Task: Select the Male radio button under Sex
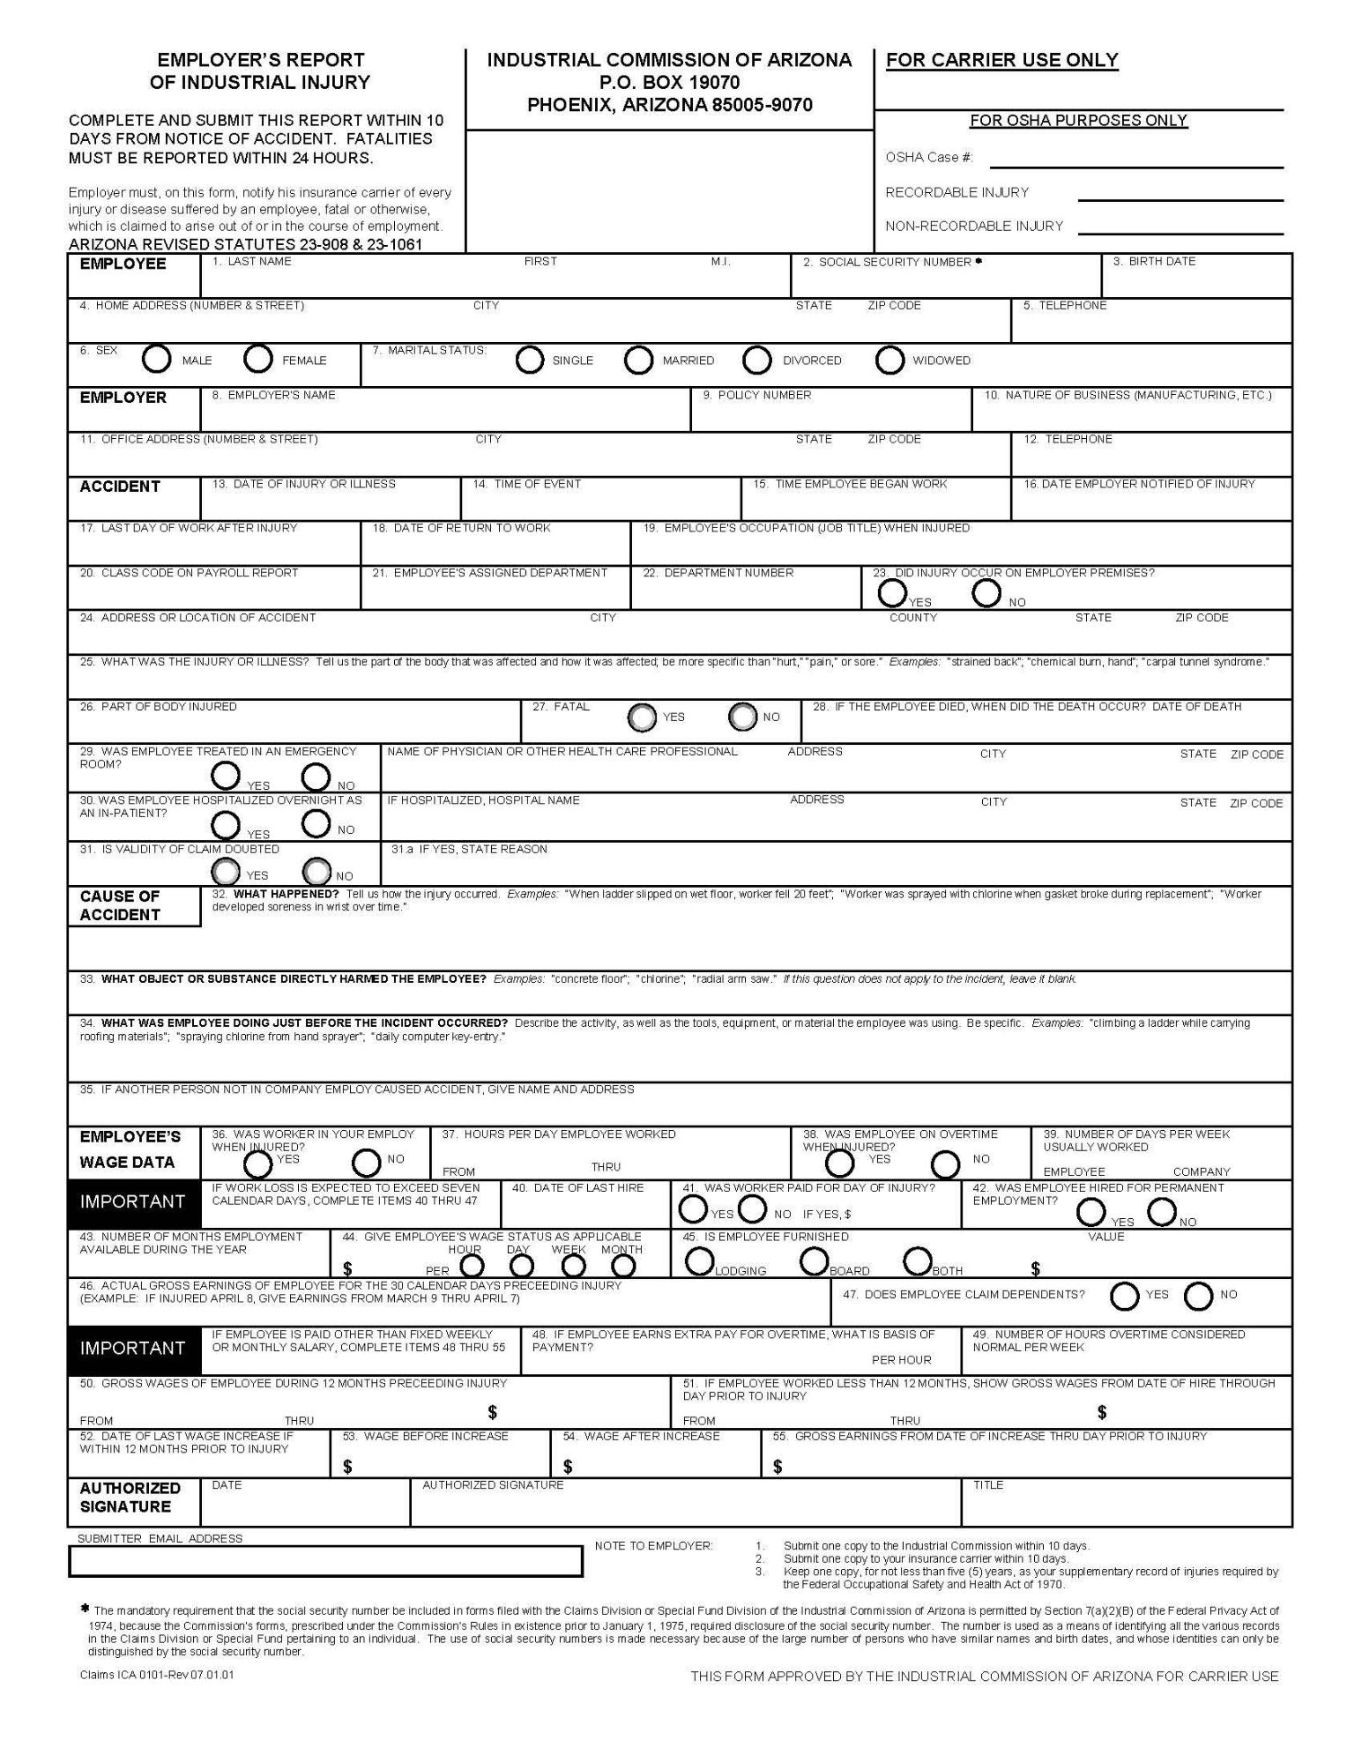coord(157,359)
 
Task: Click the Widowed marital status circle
coord(889,360)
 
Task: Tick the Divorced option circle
coord(756,360)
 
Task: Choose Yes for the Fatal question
coord(643,717)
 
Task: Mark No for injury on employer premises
coord(986,593)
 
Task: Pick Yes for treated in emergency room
coord(226,776)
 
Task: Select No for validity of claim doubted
coord(316,872)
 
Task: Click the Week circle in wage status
coord(574,1266)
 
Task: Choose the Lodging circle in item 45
coord(699,1261)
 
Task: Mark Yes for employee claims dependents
coord(1124,1296)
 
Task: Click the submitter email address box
coord(325,1561)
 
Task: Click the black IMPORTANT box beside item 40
coord(133,1202)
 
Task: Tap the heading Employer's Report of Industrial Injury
coord(260,71)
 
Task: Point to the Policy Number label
coord(756,396)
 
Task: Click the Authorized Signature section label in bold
coord(130,1497)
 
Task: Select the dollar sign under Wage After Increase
coord(568,1467)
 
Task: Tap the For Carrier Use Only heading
coord(1001,61)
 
